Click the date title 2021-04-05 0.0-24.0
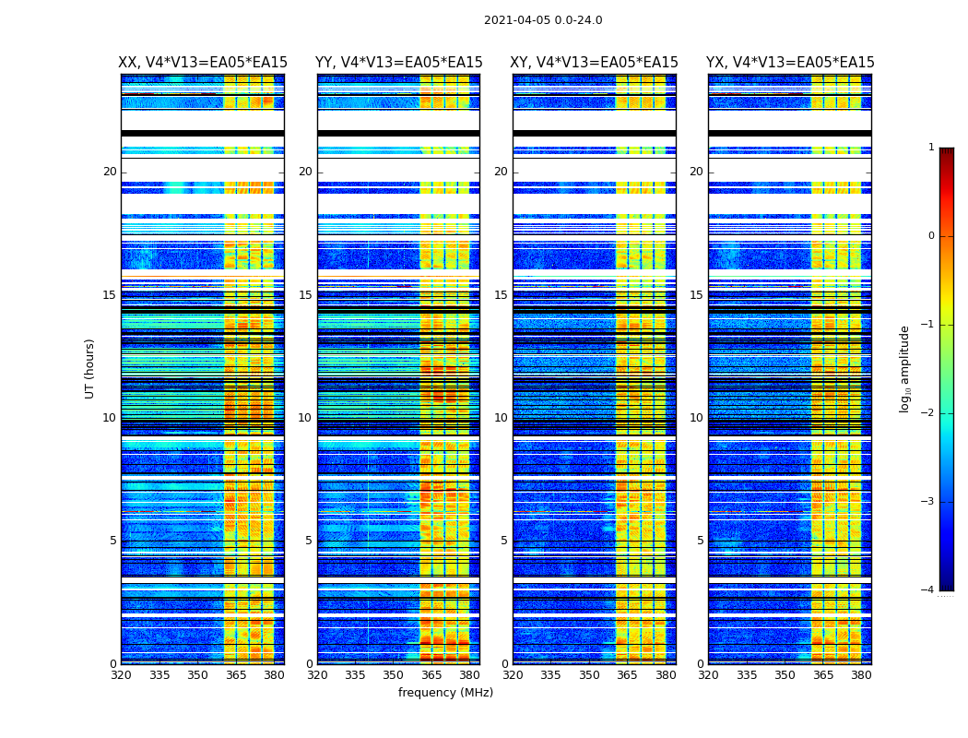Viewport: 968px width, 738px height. pos(543,20)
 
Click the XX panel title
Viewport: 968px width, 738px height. pos(203,63)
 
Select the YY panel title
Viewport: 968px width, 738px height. pos(398,63)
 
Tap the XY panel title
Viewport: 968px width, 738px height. pos(595,63)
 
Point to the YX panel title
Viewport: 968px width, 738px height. pos(790,63)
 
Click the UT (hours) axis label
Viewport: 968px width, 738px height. pos(90,368)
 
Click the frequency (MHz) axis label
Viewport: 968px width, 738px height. pos(445,693)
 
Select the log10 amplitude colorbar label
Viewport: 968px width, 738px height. pos(905,368)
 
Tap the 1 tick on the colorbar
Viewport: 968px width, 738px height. pos(931,148)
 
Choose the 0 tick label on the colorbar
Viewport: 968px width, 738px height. pos(931,236)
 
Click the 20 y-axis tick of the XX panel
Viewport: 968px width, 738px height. pos(110,172)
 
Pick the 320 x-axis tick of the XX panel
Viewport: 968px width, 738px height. pos(121,675)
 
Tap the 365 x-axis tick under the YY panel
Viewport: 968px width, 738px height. pos(431,675)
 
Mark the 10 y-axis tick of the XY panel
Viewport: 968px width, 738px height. pos(501,418)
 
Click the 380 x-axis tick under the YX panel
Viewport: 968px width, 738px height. pos(861,675)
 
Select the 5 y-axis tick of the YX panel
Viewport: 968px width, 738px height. pos(700,541)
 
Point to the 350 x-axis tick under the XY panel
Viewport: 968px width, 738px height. pos(589,675)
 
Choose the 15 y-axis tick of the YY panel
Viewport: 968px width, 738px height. pos(305,295)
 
